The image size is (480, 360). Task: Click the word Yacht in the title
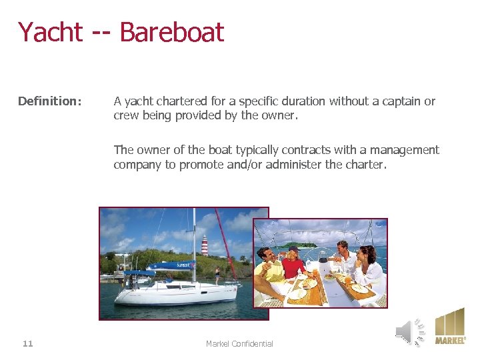click(x=50, y=32)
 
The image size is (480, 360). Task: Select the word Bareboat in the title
click(x=171, y=32)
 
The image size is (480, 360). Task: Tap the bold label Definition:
click(x=50, y=101)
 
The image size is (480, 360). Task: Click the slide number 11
click(x=27, y=343)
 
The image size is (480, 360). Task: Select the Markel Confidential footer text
click(x=239, y=343)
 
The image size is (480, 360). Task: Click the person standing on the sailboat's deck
click(x=217, y=274)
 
